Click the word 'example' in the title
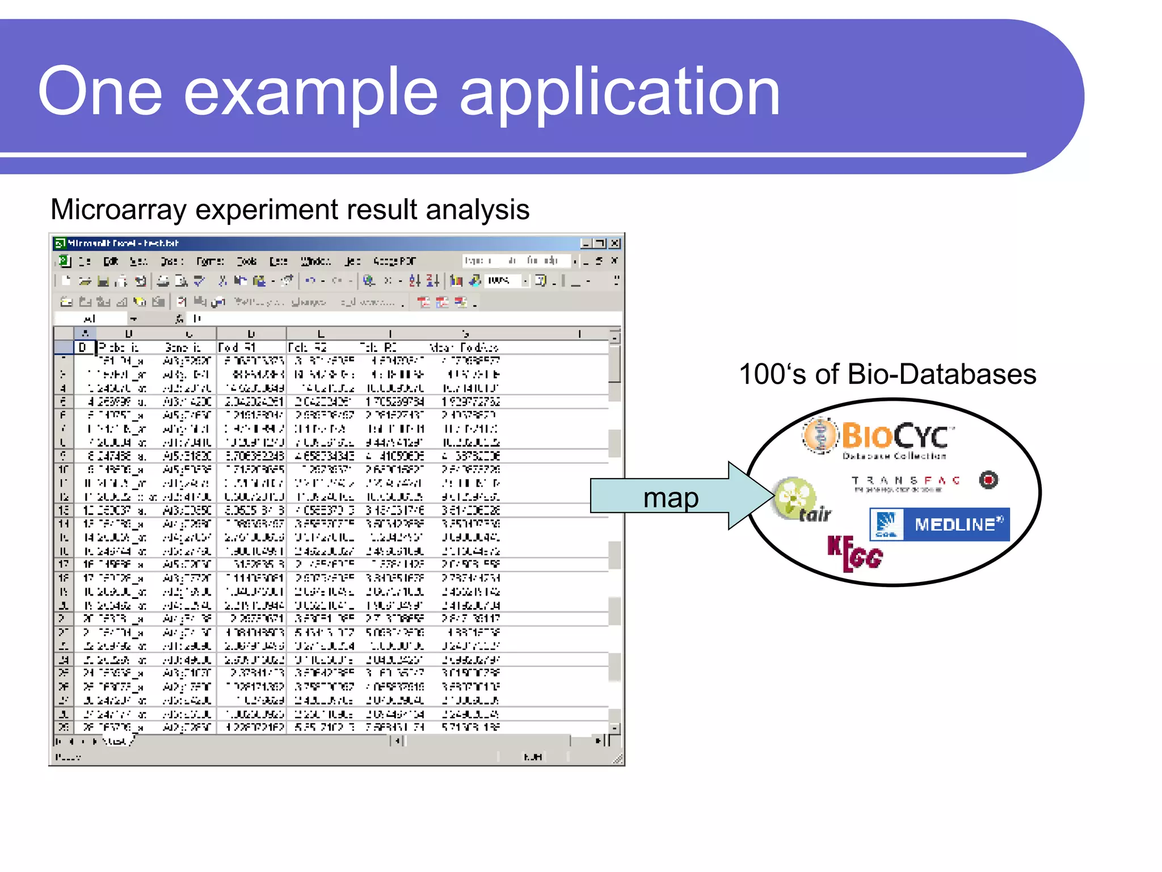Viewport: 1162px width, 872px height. (311, 92)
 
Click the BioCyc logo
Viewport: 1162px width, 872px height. (879, 438)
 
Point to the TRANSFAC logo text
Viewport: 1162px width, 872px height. (906, 481)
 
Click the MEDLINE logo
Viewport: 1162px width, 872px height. (940, 524)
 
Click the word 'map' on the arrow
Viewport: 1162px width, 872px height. (671, 498)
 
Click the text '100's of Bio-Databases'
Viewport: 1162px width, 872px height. (887, 375)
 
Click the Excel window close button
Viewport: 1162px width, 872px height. (614, 244)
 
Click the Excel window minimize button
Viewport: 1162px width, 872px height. (586, 244)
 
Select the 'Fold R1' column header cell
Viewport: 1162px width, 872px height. (251, 347)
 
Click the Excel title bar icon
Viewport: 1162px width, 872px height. (60, 244)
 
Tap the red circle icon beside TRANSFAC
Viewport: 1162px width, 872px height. (988, 480)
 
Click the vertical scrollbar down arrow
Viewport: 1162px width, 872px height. (615, 728)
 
